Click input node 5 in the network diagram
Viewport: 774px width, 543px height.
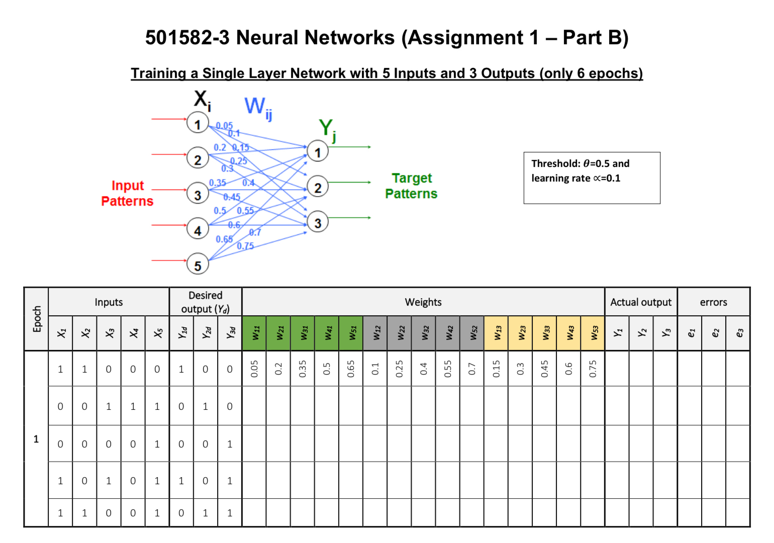[198, 264]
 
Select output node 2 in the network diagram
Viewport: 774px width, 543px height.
[318, 187]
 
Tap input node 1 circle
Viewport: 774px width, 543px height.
[198, 123]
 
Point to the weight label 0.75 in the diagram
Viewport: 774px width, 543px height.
[245, 246]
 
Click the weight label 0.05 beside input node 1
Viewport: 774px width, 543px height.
[224, 126]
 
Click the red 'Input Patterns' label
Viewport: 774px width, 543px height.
[127, 193]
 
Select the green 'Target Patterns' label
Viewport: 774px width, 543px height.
[411, 186]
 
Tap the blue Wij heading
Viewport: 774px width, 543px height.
[258, 108]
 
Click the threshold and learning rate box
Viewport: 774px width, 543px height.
[592, 178]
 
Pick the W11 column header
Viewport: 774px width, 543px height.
[254, 333]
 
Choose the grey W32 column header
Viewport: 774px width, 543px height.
[424, 333]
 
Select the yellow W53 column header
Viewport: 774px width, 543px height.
[593, 333]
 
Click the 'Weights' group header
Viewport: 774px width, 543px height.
[423, 302]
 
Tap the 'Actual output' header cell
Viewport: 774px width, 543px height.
[641, 302]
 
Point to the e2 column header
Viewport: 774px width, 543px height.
[714, 333]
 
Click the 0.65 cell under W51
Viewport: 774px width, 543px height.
[351, 369]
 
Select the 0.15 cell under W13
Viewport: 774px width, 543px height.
[496, 369]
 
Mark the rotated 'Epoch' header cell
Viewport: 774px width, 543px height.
[36, 319]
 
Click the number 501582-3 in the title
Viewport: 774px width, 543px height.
[187, 37]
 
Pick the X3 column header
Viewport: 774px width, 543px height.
[109, 333]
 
